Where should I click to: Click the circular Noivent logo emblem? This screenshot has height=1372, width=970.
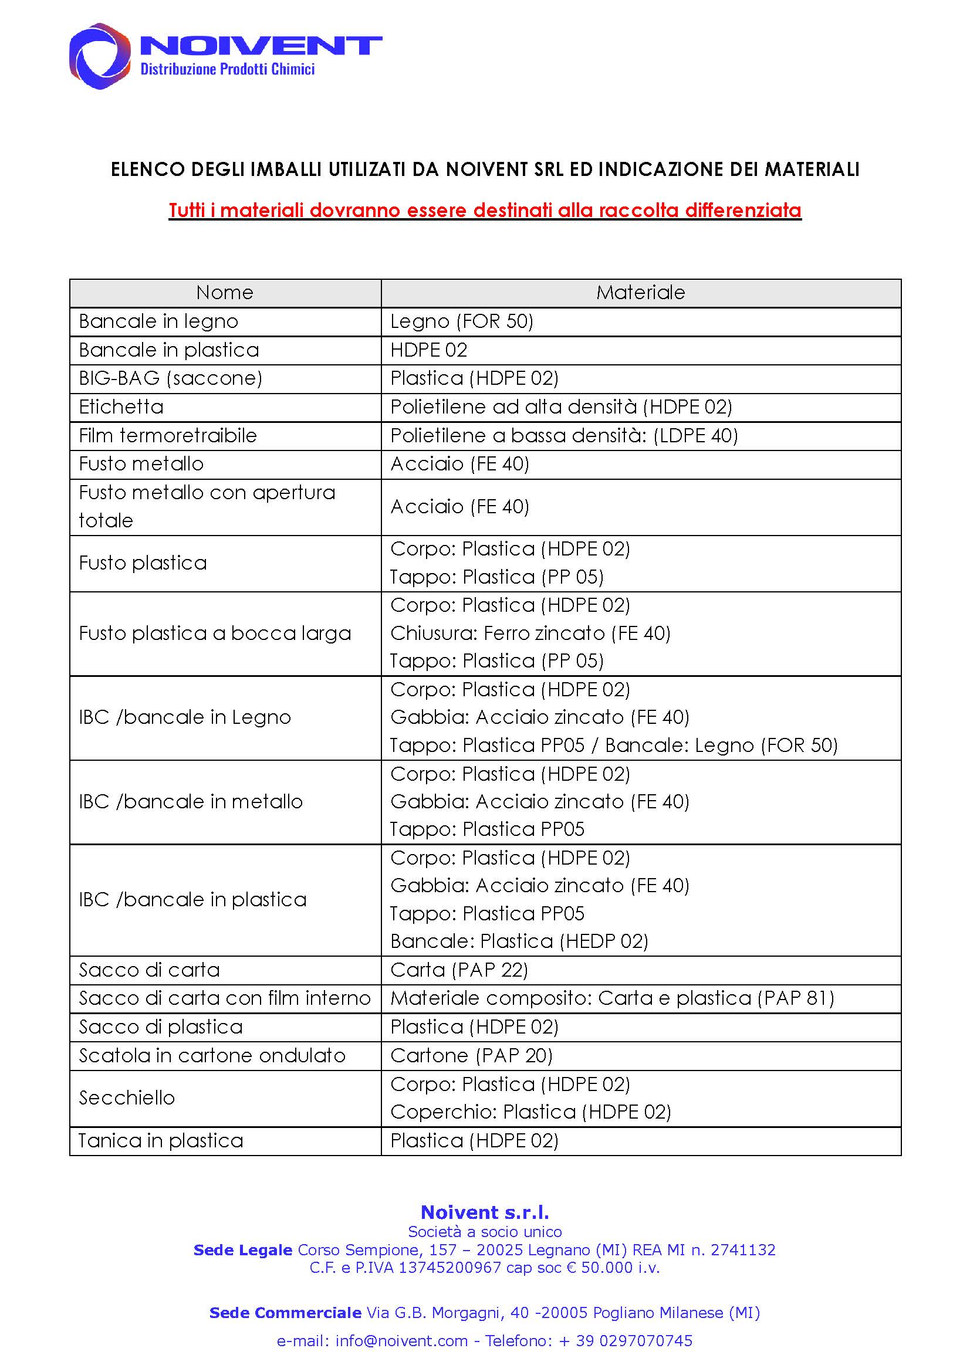[100, 56]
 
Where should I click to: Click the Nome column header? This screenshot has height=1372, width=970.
[225, 293]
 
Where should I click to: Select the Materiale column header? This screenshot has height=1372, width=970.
[640, 293]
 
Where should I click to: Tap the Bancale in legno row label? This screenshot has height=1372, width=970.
[158, 321]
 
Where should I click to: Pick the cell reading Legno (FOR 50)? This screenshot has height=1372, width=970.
[461, 321]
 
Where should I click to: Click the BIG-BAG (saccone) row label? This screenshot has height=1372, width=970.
[170, 378]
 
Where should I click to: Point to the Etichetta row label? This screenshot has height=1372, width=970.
[121, 407]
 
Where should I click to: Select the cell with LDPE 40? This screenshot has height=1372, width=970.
[563, 436]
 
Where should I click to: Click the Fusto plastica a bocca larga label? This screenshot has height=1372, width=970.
[215, 634]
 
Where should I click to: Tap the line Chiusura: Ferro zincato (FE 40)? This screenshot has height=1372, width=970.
[530, 634]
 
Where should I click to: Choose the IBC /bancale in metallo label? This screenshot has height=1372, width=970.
[191, 802]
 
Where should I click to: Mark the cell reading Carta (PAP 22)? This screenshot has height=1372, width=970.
[459, 970]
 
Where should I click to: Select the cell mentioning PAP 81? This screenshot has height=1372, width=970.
[612, 998]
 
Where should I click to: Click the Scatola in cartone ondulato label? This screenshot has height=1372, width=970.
[212, 1056]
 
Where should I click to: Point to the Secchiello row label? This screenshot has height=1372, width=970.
[127, 1098]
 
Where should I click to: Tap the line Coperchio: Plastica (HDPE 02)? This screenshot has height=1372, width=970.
[530, 1112]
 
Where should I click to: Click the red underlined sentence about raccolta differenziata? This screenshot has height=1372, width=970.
[485, 211]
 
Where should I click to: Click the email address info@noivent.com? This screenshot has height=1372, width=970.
[401, 1341]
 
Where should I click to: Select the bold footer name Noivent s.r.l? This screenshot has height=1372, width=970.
[485, 1212]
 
